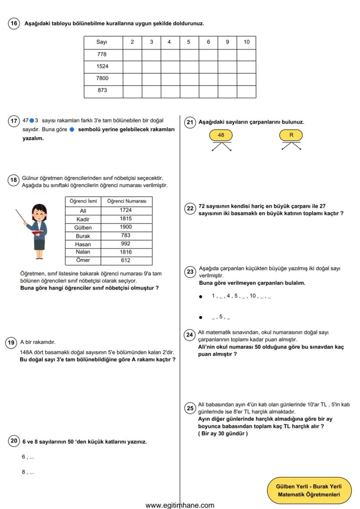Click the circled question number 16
(14, 23)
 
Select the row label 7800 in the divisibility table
(103, 79)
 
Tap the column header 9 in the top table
(227, 42)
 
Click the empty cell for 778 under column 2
(132, 54)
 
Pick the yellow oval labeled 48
(221, 135)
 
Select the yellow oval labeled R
(291, 135)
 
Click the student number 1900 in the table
(126, 227)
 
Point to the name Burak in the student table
(83, 236)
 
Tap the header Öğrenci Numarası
(127, 201)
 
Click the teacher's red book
(37, 233)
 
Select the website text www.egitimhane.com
(180, 505)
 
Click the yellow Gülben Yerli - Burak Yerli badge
(308, 490)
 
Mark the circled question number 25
(190, 408)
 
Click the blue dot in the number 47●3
(32, 120)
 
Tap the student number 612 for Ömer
(126, 261)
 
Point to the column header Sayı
(103, 42)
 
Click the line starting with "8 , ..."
(28, 472)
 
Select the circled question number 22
(190, 208)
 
